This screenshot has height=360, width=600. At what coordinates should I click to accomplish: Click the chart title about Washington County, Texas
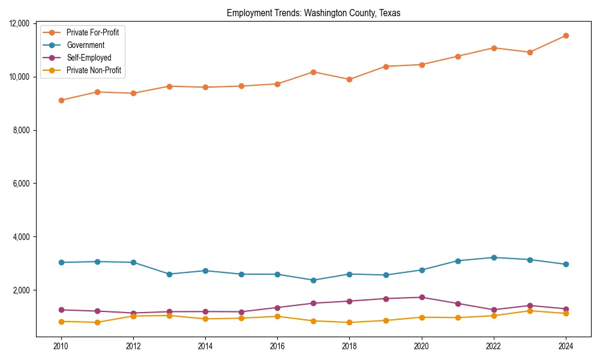coord(313,13)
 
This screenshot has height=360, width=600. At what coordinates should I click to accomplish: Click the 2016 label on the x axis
coord(277,346)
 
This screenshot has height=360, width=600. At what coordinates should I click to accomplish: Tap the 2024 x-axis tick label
coord(566,346)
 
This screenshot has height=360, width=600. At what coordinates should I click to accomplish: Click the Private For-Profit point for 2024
coord(566,35)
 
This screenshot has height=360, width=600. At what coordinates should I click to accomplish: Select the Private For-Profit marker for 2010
coord(61,100)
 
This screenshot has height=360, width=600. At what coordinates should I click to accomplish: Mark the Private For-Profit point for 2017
coord(313,72)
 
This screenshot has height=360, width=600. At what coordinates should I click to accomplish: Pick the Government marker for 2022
coord(494,257)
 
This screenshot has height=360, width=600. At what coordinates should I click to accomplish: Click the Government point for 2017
coord(313,280)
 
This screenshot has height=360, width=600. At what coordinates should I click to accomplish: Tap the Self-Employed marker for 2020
coord(422,298)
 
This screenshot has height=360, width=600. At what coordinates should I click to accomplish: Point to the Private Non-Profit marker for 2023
coord(530,311)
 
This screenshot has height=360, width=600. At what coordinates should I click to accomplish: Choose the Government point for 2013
coord(169,274)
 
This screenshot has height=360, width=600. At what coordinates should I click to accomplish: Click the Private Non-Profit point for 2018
coord(349,322)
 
